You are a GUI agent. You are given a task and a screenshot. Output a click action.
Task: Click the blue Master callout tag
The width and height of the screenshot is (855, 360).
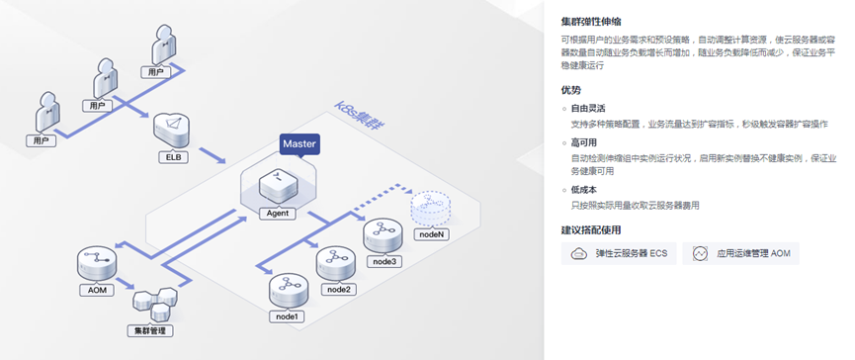click(299, 145)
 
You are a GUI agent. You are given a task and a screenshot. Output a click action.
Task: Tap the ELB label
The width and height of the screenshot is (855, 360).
click(173, 158)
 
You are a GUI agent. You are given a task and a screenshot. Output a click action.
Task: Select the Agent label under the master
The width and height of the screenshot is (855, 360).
click(278, 214)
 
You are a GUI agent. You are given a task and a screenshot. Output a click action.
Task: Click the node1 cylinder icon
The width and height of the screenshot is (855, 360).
click(289, 291)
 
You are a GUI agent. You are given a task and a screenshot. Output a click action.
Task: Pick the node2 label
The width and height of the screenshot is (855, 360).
click(339, 289)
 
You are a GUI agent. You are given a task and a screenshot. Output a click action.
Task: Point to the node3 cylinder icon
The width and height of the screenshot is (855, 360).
click(384, 235)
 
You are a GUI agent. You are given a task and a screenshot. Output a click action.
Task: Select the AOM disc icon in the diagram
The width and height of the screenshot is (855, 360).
click(97, 263)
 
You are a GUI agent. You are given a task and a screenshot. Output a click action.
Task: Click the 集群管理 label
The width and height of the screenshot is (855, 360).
click(150, 330)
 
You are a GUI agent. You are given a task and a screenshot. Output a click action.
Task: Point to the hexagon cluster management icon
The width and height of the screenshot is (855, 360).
click(155, 304)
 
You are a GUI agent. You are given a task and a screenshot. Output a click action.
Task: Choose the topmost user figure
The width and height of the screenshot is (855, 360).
click(163, 44)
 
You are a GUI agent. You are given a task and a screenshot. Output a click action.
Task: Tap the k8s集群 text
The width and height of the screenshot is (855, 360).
click(360, 116)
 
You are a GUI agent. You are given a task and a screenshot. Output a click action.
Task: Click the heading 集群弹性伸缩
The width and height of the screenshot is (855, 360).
click(591, 22)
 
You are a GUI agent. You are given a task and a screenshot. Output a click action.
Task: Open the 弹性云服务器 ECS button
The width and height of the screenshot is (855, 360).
click(619, 253)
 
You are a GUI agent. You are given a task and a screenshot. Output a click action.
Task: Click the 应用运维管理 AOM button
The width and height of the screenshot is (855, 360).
click(740, 253)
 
